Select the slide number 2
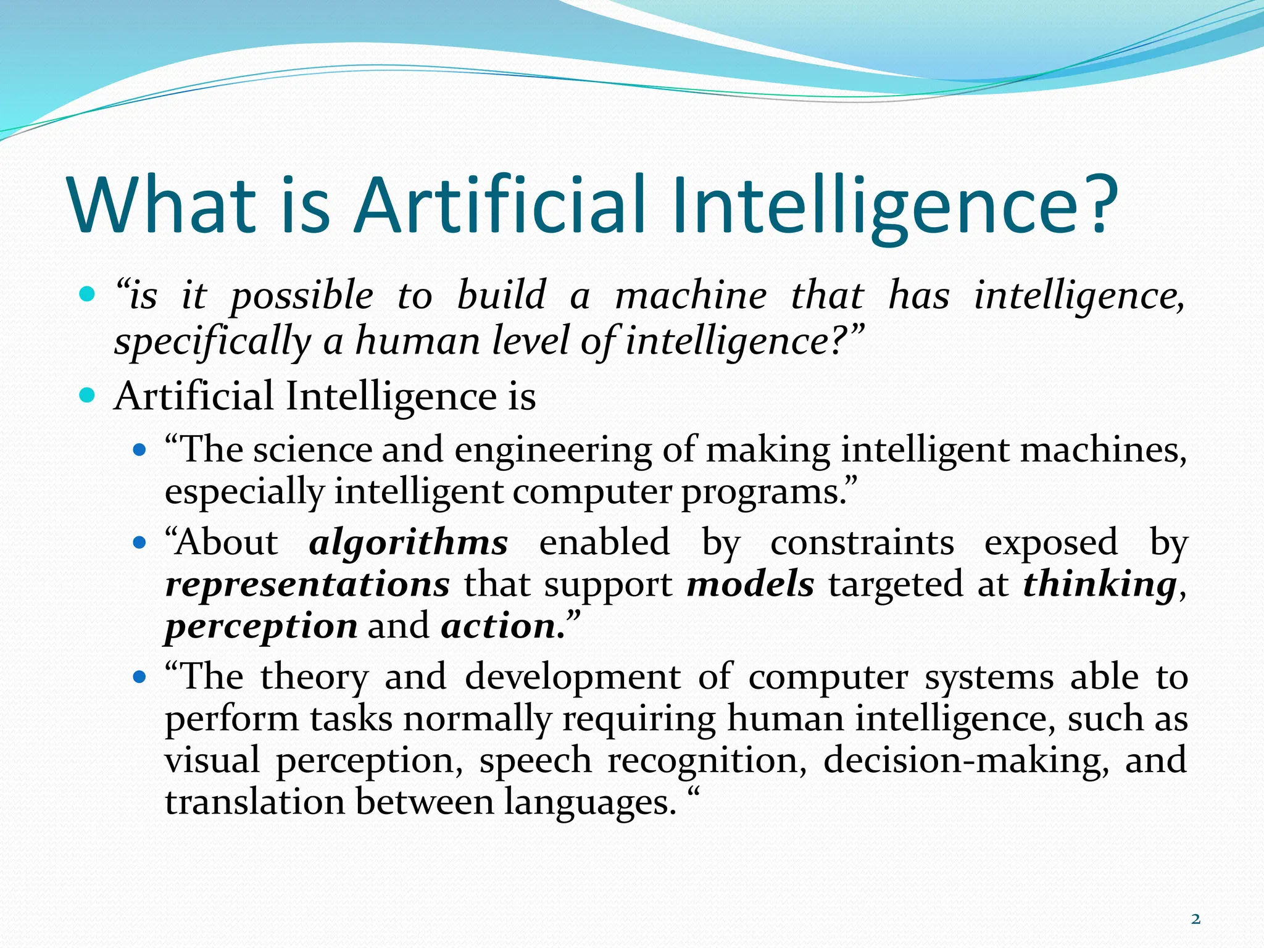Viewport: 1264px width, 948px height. [x=1195, y=919]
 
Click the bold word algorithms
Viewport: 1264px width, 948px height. [x=409, y=543]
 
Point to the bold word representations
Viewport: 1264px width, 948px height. [x=307, y=584]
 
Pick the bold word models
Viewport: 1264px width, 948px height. [x=750, y=584]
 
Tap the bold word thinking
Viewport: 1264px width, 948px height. [x=1099, y=584]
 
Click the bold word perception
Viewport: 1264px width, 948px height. [x=261, y=627]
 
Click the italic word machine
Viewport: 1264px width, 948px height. [x=691, y=296]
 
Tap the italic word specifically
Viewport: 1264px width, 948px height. [x=212, y=343]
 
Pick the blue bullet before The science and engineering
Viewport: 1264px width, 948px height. [x=139, y=449]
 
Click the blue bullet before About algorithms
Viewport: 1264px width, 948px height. [x=139, y=543]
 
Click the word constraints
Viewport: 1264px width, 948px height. [x=862, y=543]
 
